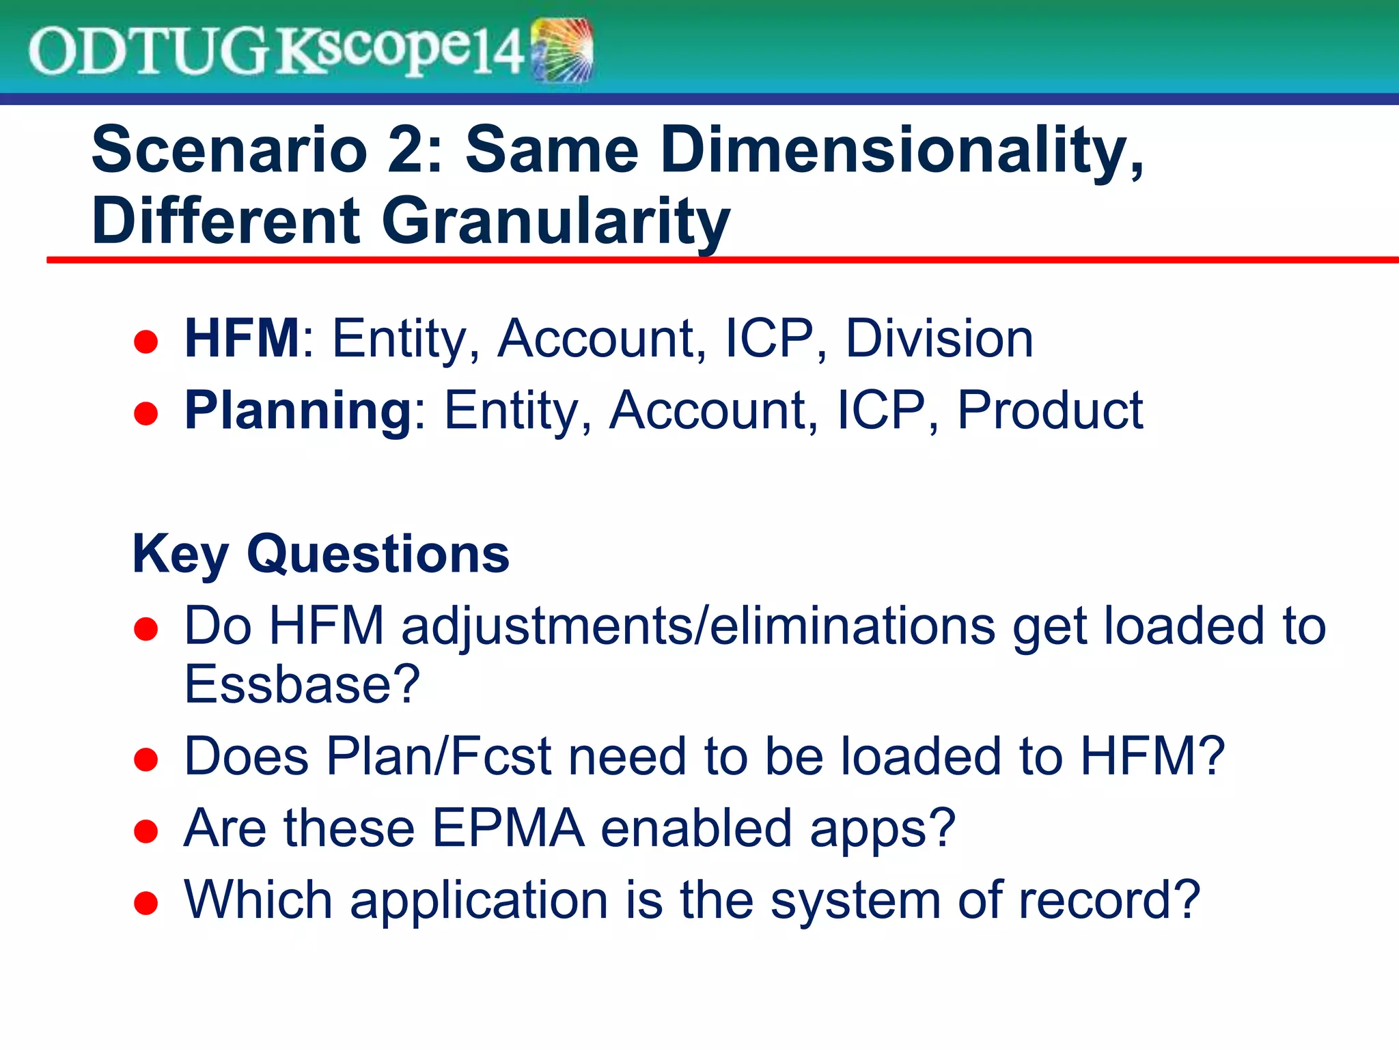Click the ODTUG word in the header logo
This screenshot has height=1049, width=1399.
(147, 52)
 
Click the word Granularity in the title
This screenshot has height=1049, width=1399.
(555, 221)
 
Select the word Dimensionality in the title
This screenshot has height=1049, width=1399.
(901, 150)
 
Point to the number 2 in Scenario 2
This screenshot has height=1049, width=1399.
(406, 150)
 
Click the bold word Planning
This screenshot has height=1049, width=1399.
(298, 410)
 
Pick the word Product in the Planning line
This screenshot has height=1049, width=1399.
(1050, 410)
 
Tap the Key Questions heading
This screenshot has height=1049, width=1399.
(321, 554)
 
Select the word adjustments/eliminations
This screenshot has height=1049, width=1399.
(697, 626)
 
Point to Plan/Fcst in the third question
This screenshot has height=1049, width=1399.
(439, 757)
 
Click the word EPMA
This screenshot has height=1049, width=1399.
(508, 828)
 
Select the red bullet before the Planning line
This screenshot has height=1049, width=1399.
(146, 413)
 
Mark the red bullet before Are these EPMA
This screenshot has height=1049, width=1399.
(146, 831)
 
